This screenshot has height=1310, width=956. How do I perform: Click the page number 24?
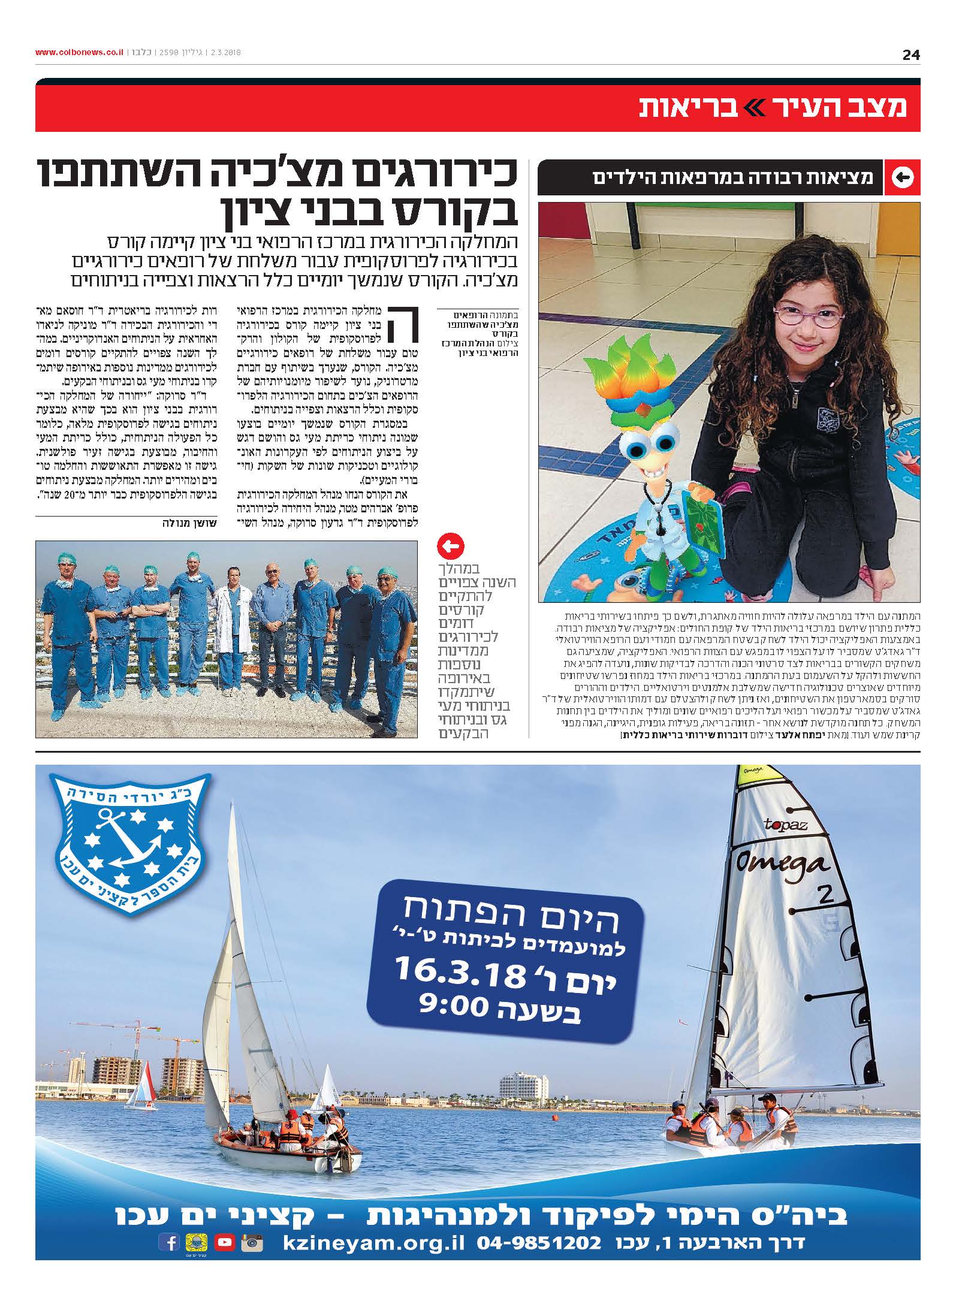(x=911, y=55)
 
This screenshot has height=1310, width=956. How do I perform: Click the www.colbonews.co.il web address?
(x=79, y=53)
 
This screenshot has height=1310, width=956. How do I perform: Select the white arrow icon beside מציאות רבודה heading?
(x=902, y=177)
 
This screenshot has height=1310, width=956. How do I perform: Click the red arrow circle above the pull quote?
(x=451, y=546)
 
